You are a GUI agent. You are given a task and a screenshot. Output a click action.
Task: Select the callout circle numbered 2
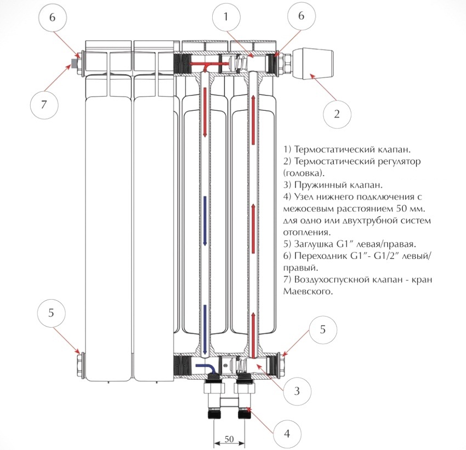pos(337,114)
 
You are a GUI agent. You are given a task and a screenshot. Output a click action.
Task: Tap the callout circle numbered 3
pos(295,391)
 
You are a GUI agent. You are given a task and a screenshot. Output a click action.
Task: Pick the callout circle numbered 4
pos(286,433)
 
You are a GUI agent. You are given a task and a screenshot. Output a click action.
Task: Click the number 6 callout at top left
pos(52,17)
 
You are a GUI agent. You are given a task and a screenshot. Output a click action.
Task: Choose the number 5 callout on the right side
pos(322,329)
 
